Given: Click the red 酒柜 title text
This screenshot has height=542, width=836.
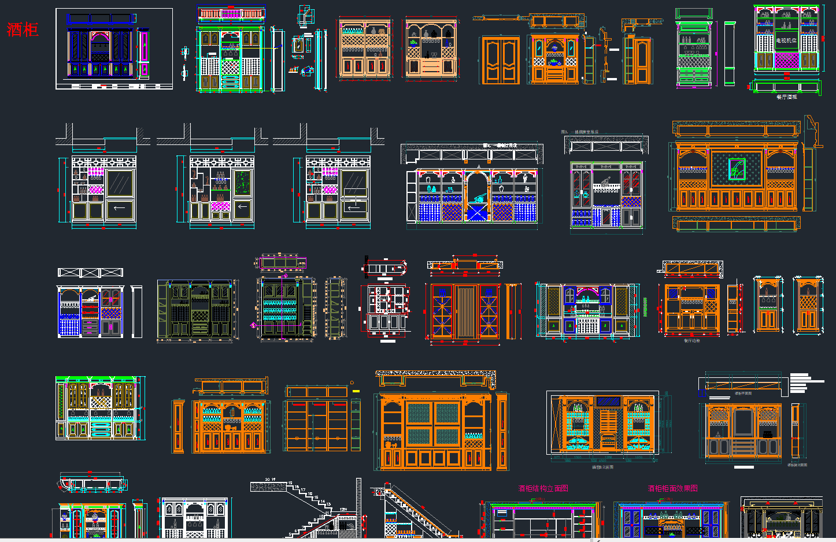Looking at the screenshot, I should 23,29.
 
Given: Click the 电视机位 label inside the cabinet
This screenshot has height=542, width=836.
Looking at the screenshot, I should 786,40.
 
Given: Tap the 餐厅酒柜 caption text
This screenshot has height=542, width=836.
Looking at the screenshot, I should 786,97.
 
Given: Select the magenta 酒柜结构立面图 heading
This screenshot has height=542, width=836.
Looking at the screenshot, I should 543,488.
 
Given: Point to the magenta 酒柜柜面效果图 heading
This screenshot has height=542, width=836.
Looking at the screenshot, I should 672,488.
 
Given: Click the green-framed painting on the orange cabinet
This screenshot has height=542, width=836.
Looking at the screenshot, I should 736,169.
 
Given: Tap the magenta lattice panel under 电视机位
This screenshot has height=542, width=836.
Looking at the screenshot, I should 786,60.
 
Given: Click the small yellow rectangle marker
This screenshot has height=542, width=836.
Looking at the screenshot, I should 356,391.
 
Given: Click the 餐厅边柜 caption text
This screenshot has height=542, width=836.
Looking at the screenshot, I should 691,341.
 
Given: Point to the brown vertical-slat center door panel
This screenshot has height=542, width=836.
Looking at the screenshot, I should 465,311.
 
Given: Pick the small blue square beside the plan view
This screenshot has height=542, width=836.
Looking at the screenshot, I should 702,393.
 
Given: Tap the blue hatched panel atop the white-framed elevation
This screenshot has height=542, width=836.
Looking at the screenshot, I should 608,400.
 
